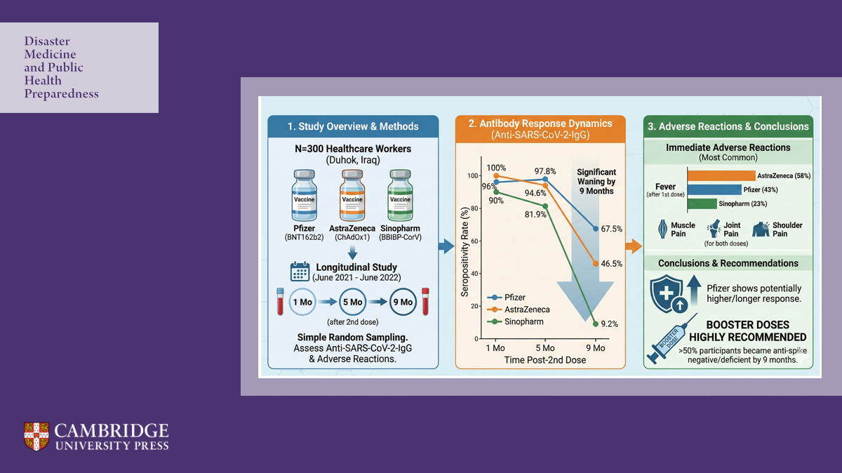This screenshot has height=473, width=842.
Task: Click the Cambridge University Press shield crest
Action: pyautogui.click(x=36, y=436)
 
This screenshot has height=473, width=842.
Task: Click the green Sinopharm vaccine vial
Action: pyautogui.click(x=400, y=197)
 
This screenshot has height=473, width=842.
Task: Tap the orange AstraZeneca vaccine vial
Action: pyautogui.click(x=352, y=197)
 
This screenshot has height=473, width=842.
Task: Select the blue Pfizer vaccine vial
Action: pyautogui.click(x=304, y=197)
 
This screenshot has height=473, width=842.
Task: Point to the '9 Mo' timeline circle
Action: pyautogui.click(x=402, y=302)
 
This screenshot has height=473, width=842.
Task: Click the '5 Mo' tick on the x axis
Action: pyautogui.click(x=544, y=348)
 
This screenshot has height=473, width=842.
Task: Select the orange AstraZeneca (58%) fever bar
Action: pyautogui.click(x=721, y=175)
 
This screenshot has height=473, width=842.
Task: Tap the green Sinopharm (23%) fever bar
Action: pyautogui.click(x=701, y=204)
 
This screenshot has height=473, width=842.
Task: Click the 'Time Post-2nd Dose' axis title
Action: pyautogui.click(x=544, y=360)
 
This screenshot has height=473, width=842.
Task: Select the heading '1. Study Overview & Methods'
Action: pyautogui.click(x=353, y=127)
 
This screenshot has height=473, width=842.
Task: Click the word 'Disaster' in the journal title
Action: pyautogui.click(x=47, y=41)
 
